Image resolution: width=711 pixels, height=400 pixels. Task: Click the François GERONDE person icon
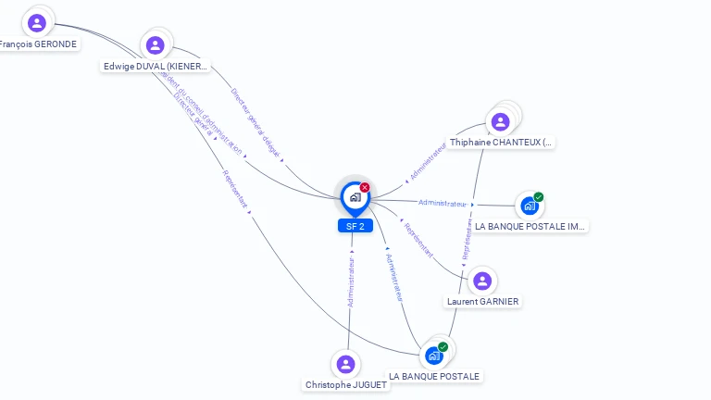coord(37,23)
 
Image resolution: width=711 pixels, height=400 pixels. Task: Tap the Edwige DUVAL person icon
coord(155,44)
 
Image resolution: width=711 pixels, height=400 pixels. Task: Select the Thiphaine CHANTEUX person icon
coord(500,121)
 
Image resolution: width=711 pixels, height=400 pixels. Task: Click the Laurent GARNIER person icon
coord(481,281)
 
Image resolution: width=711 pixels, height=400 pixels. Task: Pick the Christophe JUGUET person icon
coord(345,364)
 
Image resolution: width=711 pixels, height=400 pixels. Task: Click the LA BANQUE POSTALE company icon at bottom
coord(433,356)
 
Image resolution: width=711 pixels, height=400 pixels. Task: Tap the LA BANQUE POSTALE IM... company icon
coord(529,206)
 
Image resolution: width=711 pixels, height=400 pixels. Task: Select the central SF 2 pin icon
coord(354,196)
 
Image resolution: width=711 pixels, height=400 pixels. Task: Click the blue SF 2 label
coord(355,226)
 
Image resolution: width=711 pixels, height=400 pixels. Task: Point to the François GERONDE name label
coord(38,44)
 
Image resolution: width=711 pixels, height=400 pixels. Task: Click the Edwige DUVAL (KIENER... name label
coord(156,67)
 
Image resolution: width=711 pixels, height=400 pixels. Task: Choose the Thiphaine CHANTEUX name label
coord(501,143)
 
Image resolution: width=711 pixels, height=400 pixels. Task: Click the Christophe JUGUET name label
coord(346,384)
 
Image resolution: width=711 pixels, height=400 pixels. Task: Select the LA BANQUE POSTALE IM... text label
coord(530,226)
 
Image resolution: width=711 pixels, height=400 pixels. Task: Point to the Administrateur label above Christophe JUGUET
coord(351,281)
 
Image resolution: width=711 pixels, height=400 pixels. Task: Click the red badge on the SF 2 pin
coord(365,187)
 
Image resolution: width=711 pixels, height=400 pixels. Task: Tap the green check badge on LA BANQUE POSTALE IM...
coord(539,196)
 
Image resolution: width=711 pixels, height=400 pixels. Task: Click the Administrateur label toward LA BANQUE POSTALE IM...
coord(443,203)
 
